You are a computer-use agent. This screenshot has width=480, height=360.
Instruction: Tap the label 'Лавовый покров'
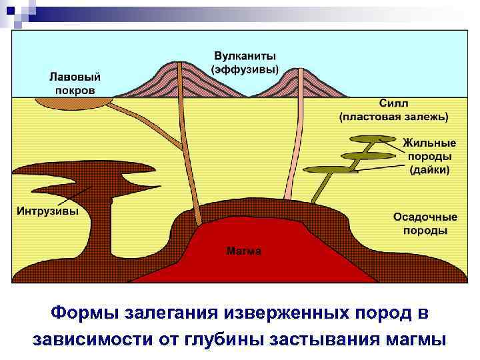(x=73, y=83)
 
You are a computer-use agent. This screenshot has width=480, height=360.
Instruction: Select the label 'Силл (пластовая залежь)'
(x=393, y=110)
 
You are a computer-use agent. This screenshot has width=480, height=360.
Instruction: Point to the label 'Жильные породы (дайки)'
(x=429, y=155)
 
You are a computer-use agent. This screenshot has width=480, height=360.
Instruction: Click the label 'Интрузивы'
(x=47, y=211)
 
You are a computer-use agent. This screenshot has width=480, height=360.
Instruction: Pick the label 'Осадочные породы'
(x=425, y=223)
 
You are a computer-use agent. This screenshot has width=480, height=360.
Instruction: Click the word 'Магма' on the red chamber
(x=244, y=251)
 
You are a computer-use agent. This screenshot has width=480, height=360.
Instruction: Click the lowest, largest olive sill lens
(x=329, y=169)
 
